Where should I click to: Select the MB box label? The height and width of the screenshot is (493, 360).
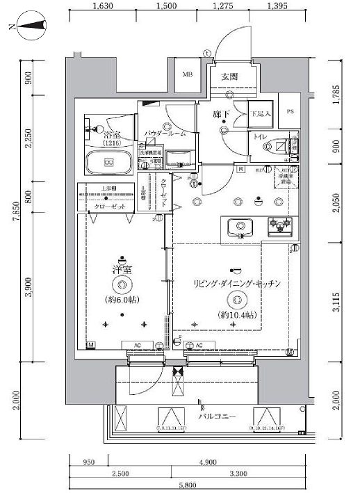coord(187,75)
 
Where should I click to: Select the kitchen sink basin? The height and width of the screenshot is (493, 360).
coord(241,227)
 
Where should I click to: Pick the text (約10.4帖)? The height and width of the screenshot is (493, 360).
coord(237,315)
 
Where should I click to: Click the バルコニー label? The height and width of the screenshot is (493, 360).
coord(216,417)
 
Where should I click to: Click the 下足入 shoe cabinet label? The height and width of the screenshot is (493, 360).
coord(261,113)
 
